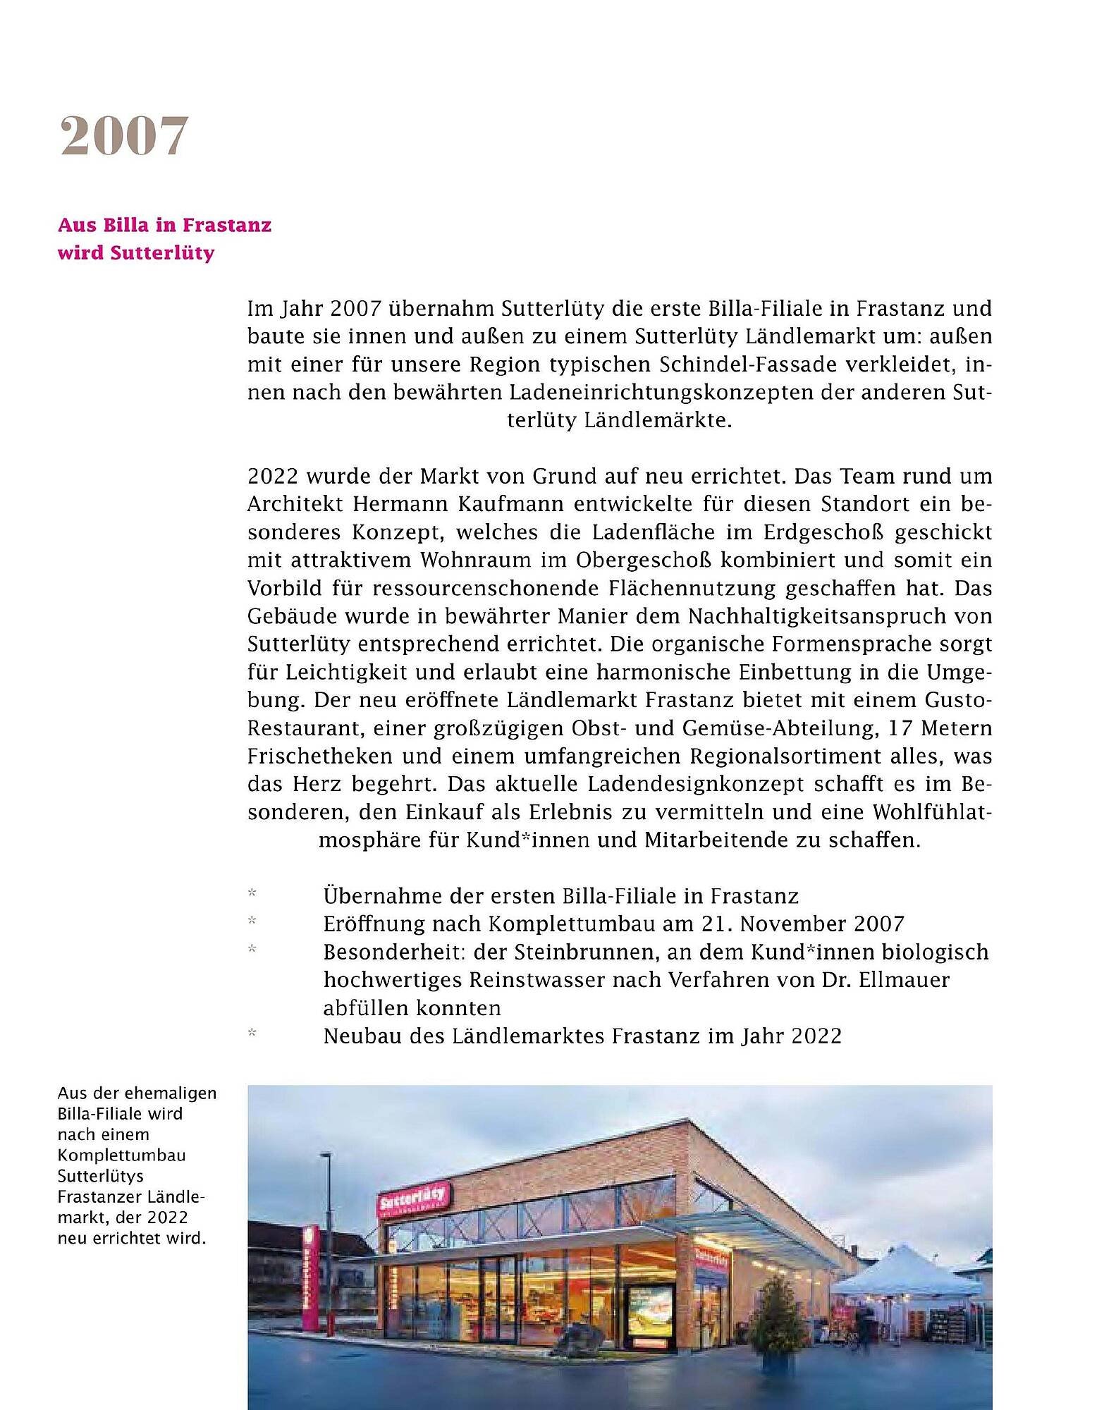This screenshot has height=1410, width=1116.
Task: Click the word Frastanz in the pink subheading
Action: click(x=226, y=225)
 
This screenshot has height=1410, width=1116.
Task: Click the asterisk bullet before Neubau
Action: click(x=252, y=1034)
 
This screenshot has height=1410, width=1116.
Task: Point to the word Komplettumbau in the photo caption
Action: click(x=121, y=1155)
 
